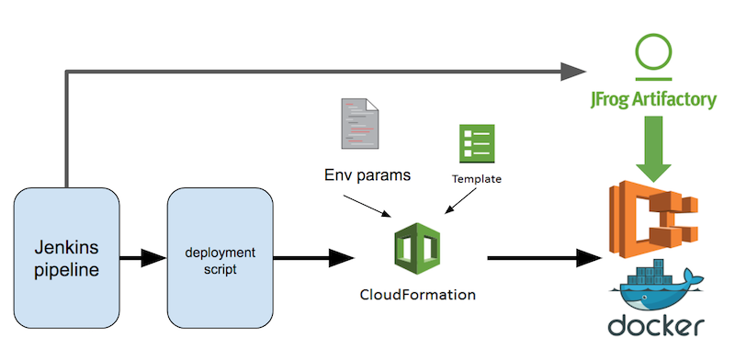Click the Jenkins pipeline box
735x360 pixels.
(x=66, y=258)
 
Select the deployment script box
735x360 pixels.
(x=220, y=258)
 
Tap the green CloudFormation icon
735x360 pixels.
(x=418, y=249)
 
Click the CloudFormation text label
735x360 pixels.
(x=418, y=296)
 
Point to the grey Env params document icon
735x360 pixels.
(x=360, y=124)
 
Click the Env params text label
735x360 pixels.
(x=367, y=175)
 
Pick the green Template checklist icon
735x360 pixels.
(x=477, y=143)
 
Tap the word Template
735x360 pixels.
(x=477, y=179)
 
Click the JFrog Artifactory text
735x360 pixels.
(x=653, y=100)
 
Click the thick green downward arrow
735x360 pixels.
(x=653, y=149)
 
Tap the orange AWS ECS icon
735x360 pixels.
(x=652, y=219)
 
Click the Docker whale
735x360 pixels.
(x=656, y=287)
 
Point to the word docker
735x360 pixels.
(x=656, y=325)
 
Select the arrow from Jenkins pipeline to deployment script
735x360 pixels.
(x=143, y=258)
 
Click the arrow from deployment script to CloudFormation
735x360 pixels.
(x=313, y=258)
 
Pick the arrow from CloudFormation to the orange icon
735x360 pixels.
(x=545, y=258)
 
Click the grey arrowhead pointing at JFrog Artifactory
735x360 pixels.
(x=572, y=72)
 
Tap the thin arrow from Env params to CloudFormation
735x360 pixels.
(x=367, y=207)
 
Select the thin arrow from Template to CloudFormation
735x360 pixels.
(x=461, y=200)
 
